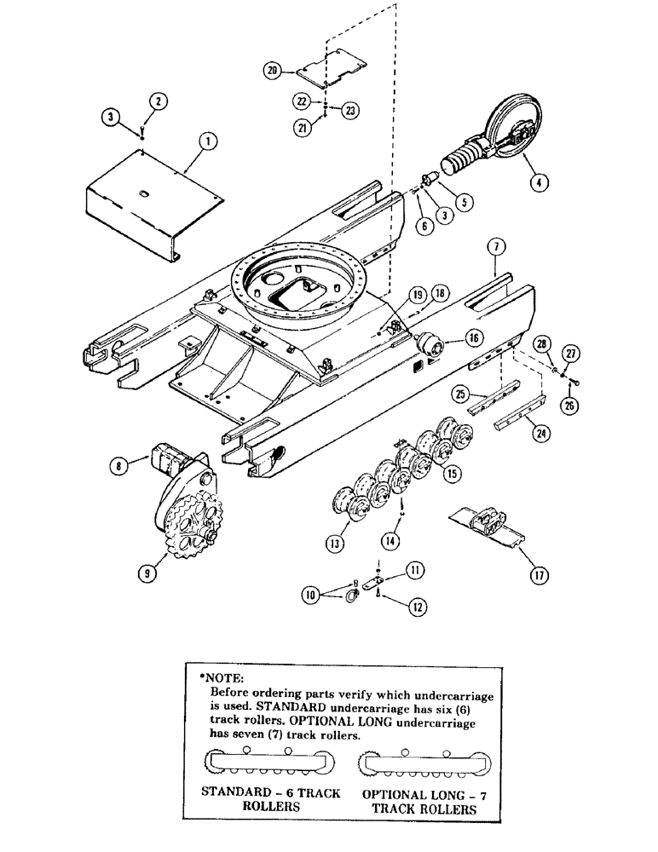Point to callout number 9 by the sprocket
click(147, 574)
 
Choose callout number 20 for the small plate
click(272, 72)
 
